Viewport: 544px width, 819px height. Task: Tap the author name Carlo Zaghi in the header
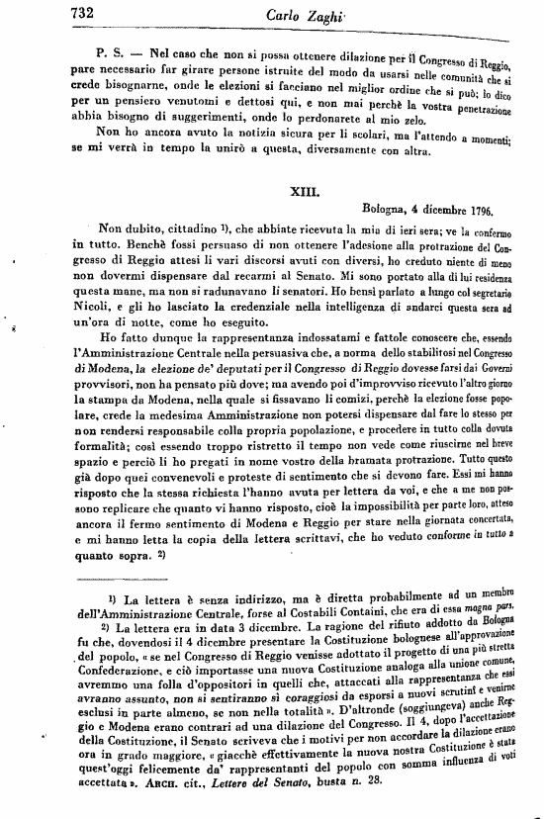point(297,16)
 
